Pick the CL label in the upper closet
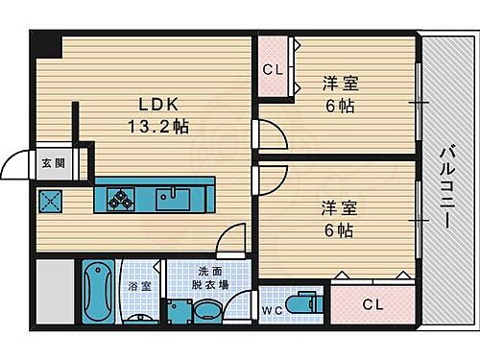[x=272, y=69]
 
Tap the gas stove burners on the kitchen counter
[x=122, y=199]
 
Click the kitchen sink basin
[x=176, y=199]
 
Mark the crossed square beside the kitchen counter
[x=49, y=200]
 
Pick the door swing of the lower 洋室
[x=268, y=176]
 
